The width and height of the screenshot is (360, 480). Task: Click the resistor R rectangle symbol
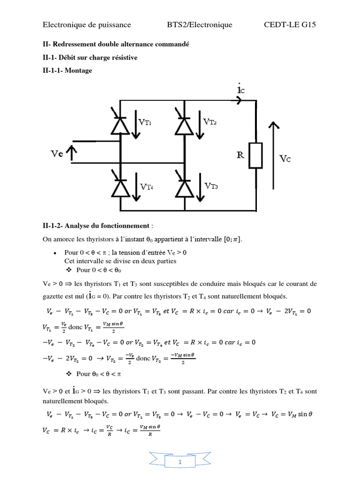(x=256, y=156)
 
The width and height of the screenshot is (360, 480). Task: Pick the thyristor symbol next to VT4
(x=120, y=186)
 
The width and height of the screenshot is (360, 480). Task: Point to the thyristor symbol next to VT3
(x=184, y=186)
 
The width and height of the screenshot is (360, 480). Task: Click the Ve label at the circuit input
(x=58, y=153)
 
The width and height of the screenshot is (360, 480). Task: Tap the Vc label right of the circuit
(x=285, y=158)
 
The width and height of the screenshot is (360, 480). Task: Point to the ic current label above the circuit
(x=240, y=88)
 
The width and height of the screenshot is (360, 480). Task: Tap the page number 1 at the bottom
(x=180, y=463)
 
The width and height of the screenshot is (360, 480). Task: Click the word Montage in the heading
(x=79, y=70)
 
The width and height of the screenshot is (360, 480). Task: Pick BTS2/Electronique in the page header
(x=200, y=25)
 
